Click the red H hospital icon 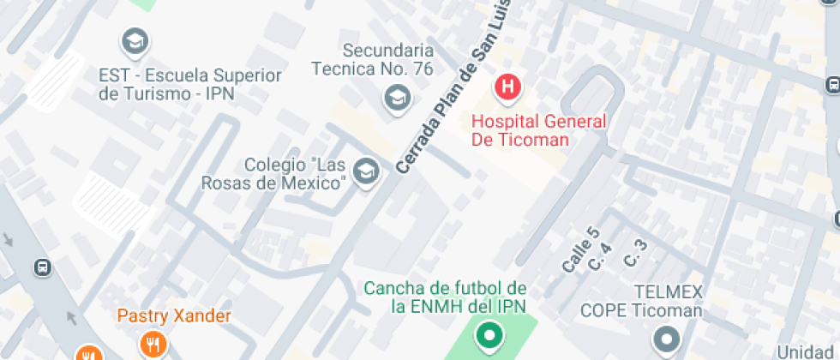coord(507,86)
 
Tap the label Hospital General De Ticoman coord(538,130)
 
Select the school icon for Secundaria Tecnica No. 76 coord(396,98)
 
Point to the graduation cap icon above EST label coord(135,40)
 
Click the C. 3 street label coord(635,251)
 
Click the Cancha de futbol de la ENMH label coord(445,297)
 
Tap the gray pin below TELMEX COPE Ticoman coord(665,339)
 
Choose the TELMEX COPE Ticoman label coord(641,302)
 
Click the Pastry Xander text coord(174,316)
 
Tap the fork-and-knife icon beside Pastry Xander coord(153,345)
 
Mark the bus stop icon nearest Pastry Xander coord(42,267)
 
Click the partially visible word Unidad coord(807,351)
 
